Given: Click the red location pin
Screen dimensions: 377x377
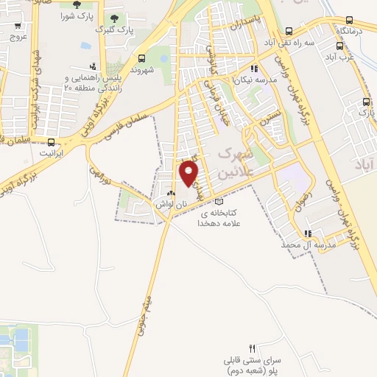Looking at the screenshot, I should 190,173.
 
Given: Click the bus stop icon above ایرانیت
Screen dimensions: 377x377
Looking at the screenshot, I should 50,141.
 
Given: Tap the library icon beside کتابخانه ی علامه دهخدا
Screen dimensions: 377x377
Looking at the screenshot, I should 216,202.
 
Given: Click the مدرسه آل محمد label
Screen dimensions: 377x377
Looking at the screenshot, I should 329,244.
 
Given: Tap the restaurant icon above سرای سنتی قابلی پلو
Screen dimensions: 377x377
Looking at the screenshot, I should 252,348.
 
